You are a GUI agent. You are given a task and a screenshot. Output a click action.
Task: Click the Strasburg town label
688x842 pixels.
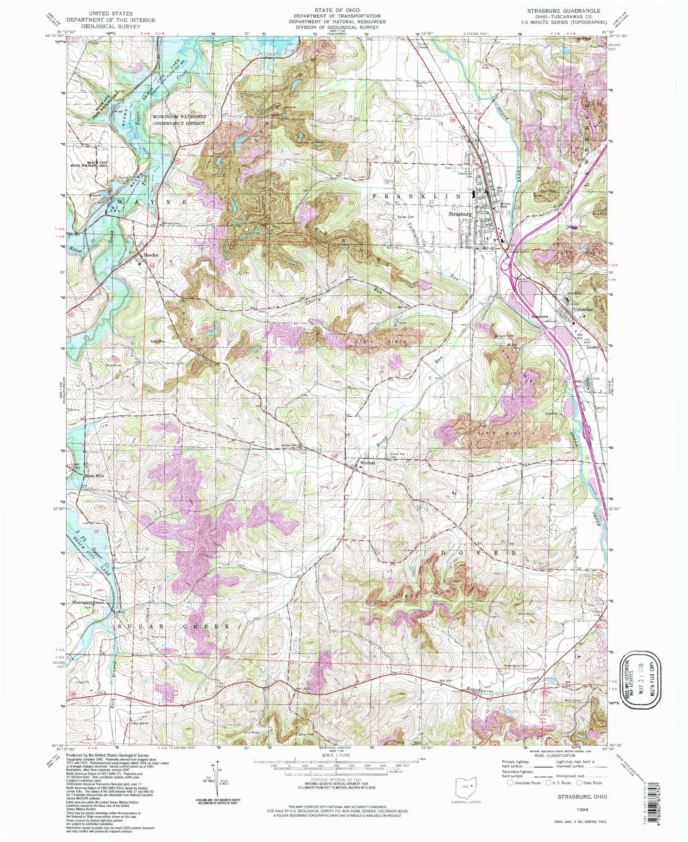[460, 214]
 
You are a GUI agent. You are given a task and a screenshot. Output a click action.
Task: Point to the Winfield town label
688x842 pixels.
[368, 462]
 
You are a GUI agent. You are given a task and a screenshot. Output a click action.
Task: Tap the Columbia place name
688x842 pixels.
[583, 309]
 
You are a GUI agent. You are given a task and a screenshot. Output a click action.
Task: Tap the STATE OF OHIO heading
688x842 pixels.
[337, 10]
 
